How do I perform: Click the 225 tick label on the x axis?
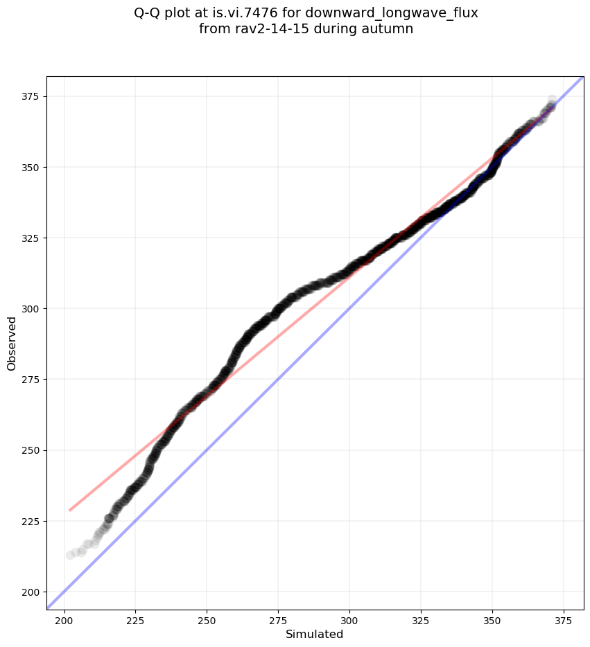coord(136,619)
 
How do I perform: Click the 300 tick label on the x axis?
coord(349,619)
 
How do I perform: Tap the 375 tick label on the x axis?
coord(563,619)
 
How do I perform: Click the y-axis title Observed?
coord(12,343)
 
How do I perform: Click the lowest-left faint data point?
coord(70,555)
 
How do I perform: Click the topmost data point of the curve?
coord(552,100)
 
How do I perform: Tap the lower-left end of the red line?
coord(69,511)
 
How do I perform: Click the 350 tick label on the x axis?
coord(492,619)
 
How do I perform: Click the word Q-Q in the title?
coord(148,13)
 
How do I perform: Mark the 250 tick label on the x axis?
coord(207,619)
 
